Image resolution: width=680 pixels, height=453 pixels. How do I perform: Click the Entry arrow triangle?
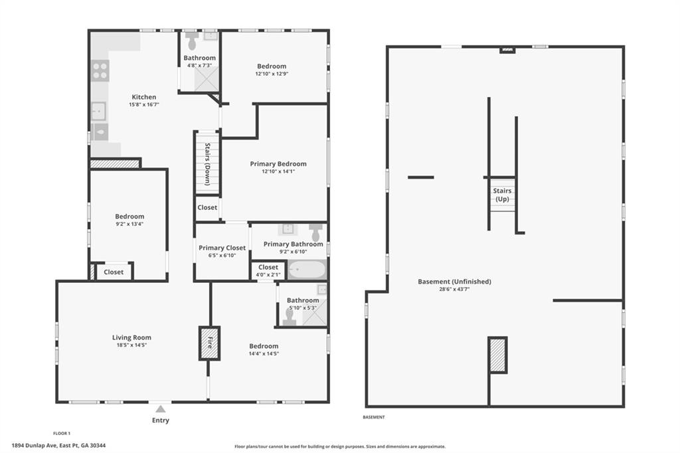(x=161, y=408)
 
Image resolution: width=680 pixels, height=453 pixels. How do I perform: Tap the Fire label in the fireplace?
(x=210, y=343)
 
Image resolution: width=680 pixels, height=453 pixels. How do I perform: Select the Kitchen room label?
(x=144, y=97)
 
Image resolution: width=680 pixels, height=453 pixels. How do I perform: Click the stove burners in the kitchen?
(x=100, y=70)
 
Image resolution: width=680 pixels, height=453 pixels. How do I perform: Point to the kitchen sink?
(x=99, y=112)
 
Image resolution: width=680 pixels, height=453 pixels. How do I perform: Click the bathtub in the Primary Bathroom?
(x=307, y=270)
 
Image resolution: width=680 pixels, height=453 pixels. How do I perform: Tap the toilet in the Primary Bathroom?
(x=315, y=232)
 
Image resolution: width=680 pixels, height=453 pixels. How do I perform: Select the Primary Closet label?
(x=222, y=248)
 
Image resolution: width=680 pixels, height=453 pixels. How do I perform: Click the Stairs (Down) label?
(x=208, y=164)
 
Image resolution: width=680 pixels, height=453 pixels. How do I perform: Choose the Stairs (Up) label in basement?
(x=502, y=195)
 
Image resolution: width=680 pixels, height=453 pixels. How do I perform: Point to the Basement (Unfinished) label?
(x=454, y=282)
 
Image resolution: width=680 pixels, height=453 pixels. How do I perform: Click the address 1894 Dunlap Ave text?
(x=59, y=445)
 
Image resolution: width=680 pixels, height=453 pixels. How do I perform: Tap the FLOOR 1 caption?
(x=62, y=433)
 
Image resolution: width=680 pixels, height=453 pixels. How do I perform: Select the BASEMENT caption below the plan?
(x=374, y=417)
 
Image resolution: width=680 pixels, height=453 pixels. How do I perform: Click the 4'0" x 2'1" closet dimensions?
(x=268, y=275)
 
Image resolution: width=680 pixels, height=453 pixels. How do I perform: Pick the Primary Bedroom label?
(x=278, y=163)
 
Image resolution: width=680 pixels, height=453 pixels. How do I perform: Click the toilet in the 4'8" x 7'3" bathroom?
(x=192, y=41)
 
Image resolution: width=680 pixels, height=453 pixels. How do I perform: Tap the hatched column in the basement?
(x=497, y=355)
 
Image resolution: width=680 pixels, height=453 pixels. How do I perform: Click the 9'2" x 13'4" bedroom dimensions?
(x=129, y=225)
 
